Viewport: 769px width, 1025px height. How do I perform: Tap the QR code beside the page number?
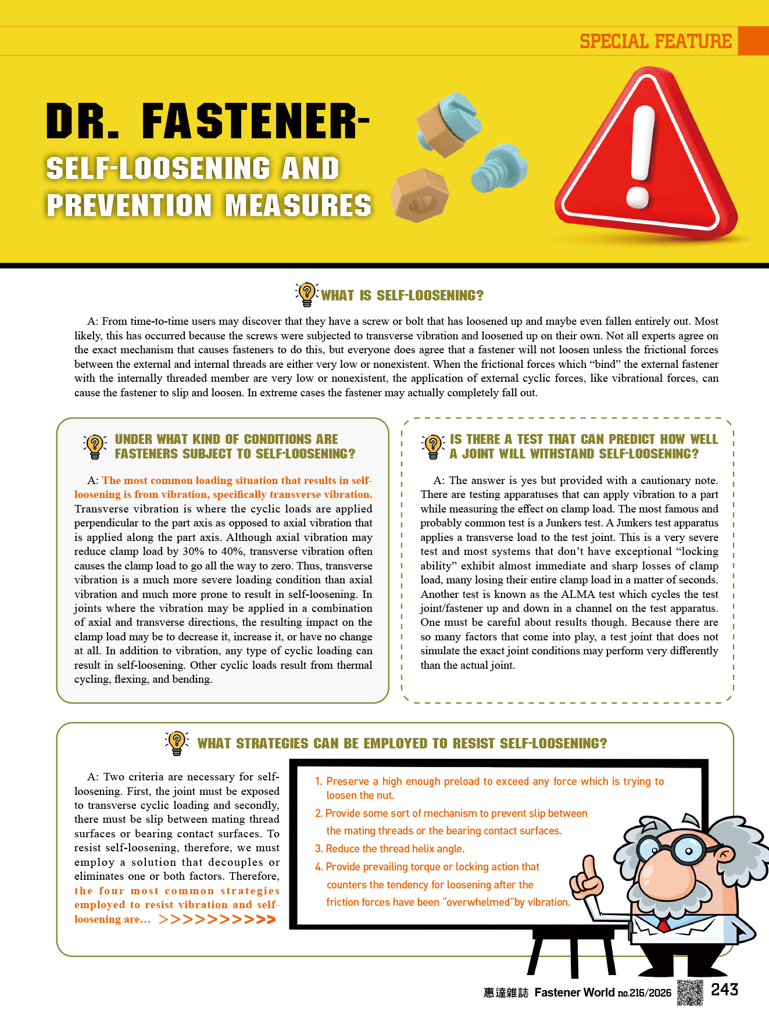690,992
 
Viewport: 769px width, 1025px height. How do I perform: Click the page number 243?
724,990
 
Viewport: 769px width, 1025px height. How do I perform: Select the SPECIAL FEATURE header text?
656,41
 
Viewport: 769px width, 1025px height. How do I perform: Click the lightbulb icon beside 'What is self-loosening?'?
306,294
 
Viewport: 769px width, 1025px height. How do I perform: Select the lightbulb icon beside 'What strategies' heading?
177,743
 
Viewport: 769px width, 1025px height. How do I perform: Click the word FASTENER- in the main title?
256,121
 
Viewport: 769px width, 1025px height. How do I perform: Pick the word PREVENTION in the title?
129,206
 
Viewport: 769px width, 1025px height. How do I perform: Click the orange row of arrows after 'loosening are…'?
217,920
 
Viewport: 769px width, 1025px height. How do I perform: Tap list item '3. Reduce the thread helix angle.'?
389,849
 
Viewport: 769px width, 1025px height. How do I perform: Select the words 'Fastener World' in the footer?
574,992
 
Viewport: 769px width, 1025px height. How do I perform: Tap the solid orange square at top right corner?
753,41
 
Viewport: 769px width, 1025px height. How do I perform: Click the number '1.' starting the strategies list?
319,782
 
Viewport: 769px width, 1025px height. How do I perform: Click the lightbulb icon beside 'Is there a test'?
432,446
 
